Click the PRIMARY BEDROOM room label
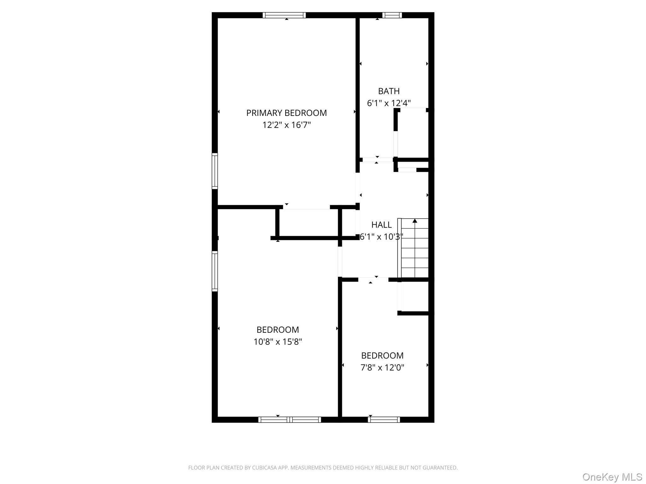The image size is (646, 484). pos(286,113)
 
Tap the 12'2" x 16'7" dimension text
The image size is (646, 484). pos(286,125)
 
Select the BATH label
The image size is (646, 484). pos(389,91)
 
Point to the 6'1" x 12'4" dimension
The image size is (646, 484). pos(389,103)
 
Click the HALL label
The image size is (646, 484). pos(381,225)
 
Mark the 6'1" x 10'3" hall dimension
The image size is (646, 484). pos(381,237)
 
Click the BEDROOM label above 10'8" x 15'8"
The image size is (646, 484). pos(278,330)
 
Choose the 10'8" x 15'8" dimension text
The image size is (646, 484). pos(278,342)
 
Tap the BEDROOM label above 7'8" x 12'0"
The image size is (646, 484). pos(382,355)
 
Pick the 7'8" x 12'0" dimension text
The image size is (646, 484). pos(382,367)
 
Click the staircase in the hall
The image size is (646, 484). pos(414,249)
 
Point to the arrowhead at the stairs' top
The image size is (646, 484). pos(415,221)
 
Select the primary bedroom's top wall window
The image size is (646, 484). pos(284,15)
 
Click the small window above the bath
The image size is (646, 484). pos(392,15)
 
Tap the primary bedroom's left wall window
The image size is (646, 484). pos(214,171)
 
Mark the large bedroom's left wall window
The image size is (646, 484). pos(214,271)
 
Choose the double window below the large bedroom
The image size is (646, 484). pos(290,419)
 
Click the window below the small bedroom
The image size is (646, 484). pos(384,419)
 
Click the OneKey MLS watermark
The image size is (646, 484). pos(612,477)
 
